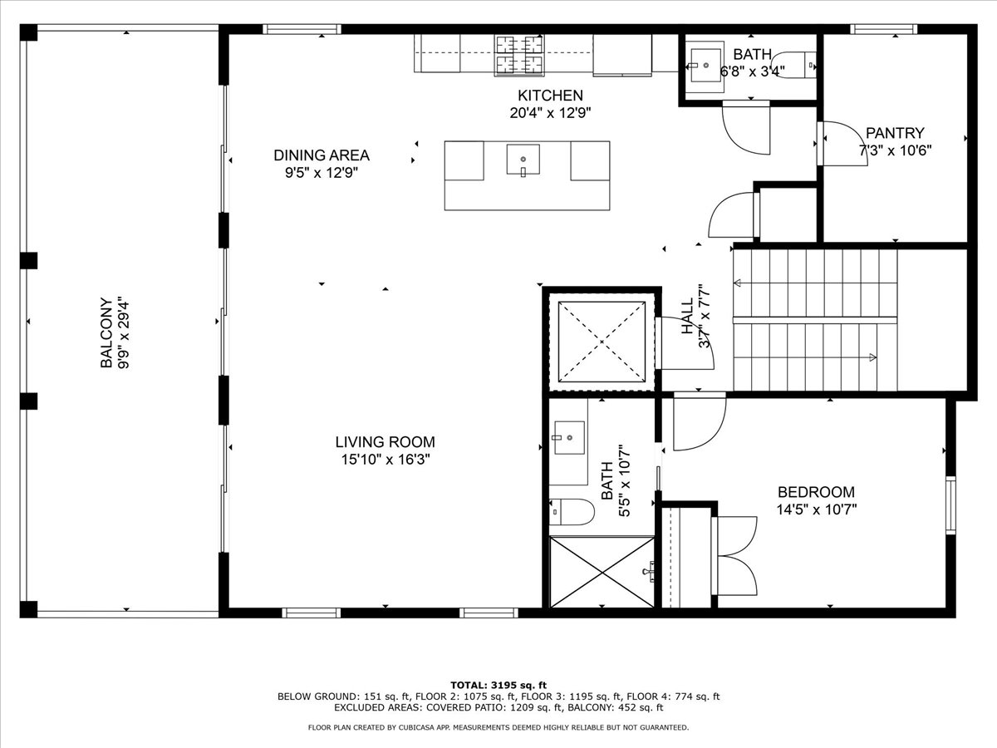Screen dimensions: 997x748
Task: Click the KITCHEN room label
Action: point(550,96)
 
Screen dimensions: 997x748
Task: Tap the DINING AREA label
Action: point(322,155)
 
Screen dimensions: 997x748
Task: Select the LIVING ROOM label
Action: point(386,442)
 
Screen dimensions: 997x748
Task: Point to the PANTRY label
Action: point(895,133)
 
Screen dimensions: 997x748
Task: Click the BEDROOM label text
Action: point(816,492)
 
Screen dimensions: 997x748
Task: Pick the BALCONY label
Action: point(106,332)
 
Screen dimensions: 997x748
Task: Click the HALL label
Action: point(688,316)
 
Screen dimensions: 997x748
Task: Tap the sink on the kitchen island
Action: point(523,160)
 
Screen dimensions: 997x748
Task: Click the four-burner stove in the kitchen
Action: point(519,55)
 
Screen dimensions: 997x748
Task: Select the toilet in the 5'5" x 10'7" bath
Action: point(572,512)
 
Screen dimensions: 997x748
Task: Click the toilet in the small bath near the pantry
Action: point(794,65)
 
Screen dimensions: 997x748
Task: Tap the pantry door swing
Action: point(846,143)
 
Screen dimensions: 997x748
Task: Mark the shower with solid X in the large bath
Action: point(602,572)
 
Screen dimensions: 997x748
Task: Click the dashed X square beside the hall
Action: point(602,342)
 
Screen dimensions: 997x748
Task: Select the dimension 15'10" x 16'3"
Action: point(386,460)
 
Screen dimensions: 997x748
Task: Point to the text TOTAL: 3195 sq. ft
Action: point(498,685)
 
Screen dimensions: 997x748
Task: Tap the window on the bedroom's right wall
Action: point(950,505)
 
